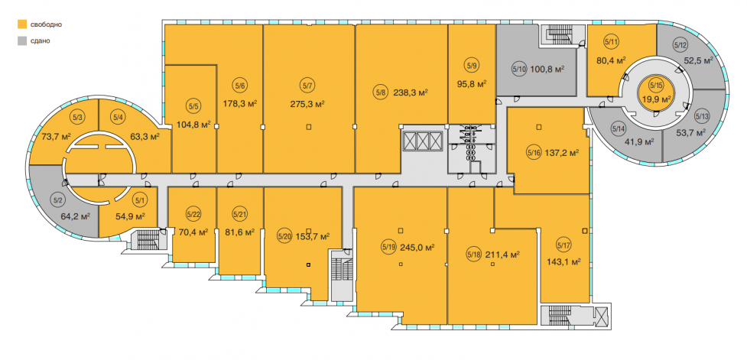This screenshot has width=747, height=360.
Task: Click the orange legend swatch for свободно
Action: coord(22,24)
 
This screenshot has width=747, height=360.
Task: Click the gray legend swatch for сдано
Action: coord(22,41)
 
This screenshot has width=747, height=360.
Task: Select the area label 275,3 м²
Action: coord(308,103)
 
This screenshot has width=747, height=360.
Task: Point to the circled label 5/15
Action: coord(656,86)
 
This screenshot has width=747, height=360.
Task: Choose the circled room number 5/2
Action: coord(58,200)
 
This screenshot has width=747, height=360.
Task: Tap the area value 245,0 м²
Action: coord(417,247)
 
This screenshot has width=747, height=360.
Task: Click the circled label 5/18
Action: coord(474,255)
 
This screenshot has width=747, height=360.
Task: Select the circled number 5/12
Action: coord(680,46)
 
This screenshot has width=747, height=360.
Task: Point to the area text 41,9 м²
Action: coord(639,141)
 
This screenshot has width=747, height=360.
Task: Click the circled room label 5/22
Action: coord(193,214)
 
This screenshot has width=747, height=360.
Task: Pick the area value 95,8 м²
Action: coord(472,84)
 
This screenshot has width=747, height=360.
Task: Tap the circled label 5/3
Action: coord(76,115)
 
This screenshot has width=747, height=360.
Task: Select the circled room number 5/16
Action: coord(534,153)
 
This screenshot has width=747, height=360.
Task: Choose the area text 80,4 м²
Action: coord(611,60)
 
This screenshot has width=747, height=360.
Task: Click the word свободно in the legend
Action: coord(46,24)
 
